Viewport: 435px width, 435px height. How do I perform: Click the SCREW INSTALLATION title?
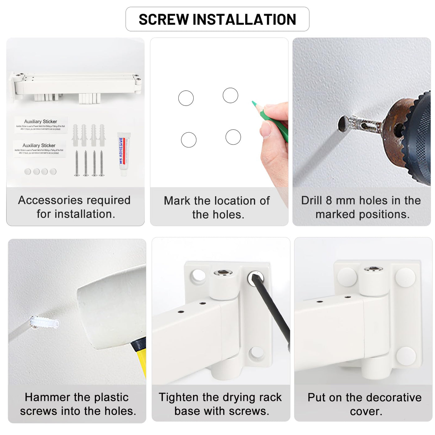pyautogui.click(x=217, y=19)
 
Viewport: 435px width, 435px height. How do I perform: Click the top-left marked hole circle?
pyautogui.click(x=186, y=98)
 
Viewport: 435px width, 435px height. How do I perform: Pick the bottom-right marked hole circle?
pyautogui.click(x=233, y=137)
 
